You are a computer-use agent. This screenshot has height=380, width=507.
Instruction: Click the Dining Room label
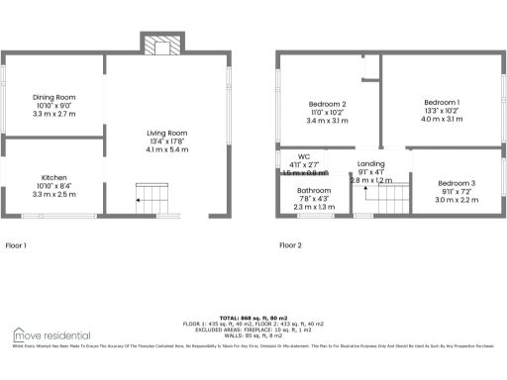tap(54, 97)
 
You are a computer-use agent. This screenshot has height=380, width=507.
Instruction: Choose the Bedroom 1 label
tap(442, 102)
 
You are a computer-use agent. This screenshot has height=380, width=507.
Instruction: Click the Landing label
tap(371, 163)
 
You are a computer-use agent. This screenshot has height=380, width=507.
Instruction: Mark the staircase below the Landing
tap(385, 201)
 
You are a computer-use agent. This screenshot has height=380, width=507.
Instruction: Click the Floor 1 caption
tap(17, 244)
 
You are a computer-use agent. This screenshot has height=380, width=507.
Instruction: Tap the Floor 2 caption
tap(291, 244)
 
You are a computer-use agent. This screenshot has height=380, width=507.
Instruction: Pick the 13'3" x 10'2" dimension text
tap(442, 111)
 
